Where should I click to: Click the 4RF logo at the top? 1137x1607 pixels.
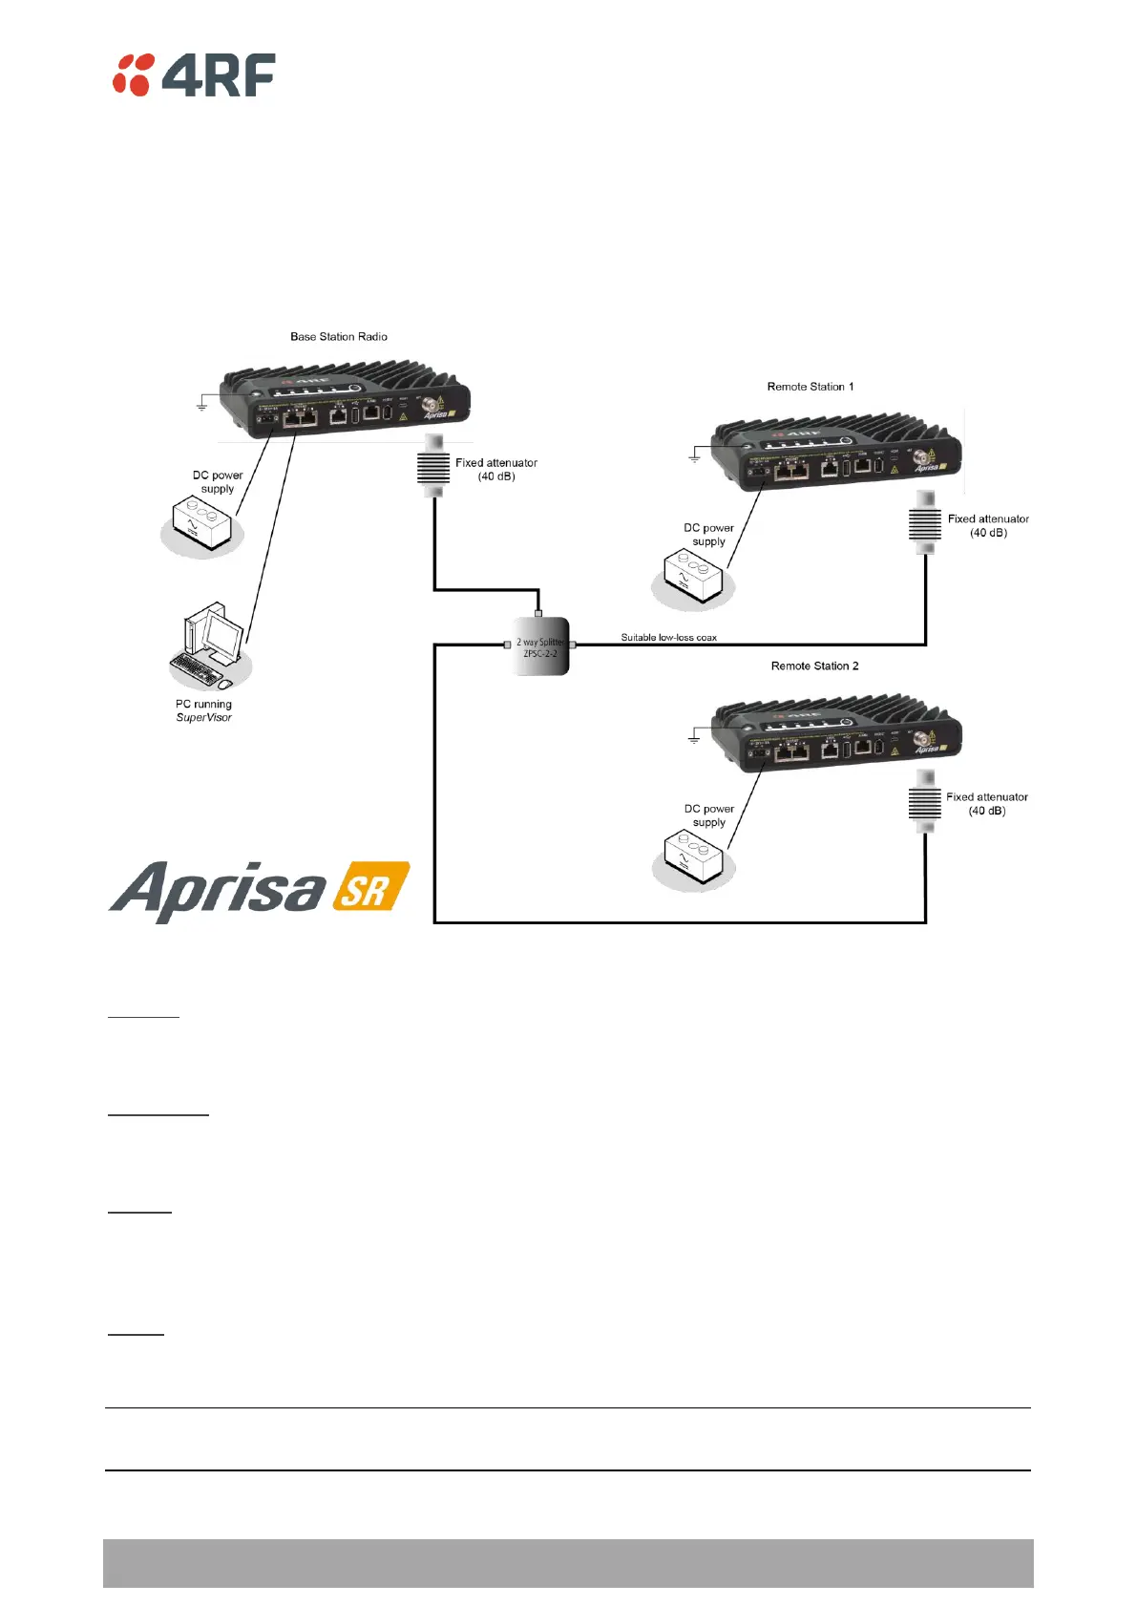click(x=194, y=74)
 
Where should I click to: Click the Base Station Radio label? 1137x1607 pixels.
click(x=339, y=337)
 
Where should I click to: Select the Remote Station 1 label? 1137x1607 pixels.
click(x=811, y=387)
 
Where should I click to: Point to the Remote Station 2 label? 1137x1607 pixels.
click(x=814, y=666)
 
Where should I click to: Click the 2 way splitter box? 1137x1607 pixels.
click(x=541, y=647)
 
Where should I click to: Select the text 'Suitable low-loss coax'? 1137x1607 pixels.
click(x=668, y=638)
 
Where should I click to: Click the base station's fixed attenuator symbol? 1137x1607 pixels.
click(x=433, y=467)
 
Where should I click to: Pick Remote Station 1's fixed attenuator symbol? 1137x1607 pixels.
click(x=925, y=523)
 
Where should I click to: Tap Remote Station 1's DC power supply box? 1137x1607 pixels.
click(x=693, y=577)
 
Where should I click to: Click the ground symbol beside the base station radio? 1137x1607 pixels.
click(x=202, y=406)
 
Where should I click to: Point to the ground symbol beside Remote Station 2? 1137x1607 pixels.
click(x=694, y=738)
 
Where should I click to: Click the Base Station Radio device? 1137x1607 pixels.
click(x=344, y=399)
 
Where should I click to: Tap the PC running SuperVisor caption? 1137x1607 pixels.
click(x=203, y=710)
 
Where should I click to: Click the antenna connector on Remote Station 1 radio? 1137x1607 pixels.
click(x=922, y=456)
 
